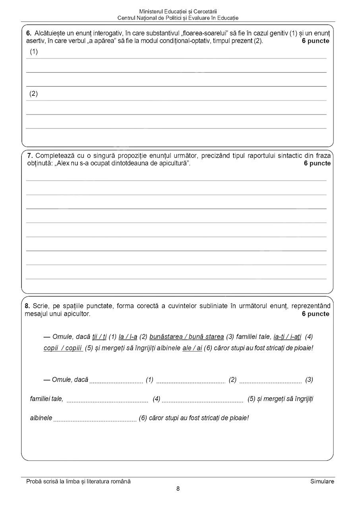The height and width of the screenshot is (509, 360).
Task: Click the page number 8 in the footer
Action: (178, 489)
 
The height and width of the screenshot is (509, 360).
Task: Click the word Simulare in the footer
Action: (322, 482)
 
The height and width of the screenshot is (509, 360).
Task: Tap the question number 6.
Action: (29, 33)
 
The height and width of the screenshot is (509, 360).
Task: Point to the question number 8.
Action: (27, 306)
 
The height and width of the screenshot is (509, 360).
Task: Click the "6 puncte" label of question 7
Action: (317, 163)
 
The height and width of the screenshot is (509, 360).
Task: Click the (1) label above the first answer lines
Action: (34, 52)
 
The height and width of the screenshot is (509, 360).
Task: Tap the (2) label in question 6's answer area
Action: (34, 94)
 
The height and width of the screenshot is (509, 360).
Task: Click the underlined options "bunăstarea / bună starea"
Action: (187, 337)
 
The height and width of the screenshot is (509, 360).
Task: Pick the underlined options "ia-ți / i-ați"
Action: (287, 337)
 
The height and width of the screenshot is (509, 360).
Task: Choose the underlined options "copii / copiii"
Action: (63, 348)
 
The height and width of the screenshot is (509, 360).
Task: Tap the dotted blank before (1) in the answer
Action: (116, 381)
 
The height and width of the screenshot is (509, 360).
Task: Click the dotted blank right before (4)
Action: (107, 399)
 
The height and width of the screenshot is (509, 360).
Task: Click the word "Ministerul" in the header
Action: (152, 12)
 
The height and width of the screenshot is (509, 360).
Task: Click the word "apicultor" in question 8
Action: (77, 314)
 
